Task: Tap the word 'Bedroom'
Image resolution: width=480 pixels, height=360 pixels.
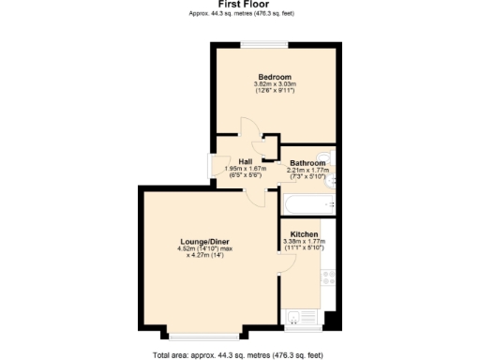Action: click(x=275, y=77)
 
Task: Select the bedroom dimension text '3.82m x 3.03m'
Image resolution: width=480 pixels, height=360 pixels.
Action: click(x=275, y=85)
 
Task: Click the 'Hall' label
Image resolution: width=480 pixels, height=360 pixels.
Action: click(x=246, y=161)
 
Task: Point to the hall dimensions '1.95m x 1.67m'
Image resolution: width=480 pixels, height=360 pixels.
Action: click(x=246, y=169)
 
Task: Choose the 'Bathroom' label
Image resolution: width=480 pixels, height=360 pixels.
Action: click(x=307, y=162)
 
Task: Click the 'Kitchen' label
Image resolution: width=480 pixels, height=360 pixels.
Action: click(x=303, y=233)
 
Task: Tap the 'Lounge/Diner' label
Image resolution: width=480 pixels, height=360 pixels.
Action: click(x=204, y=241)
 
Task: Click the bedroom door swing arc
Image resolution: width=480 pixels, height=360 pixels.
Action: click(x=249, y=130)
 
